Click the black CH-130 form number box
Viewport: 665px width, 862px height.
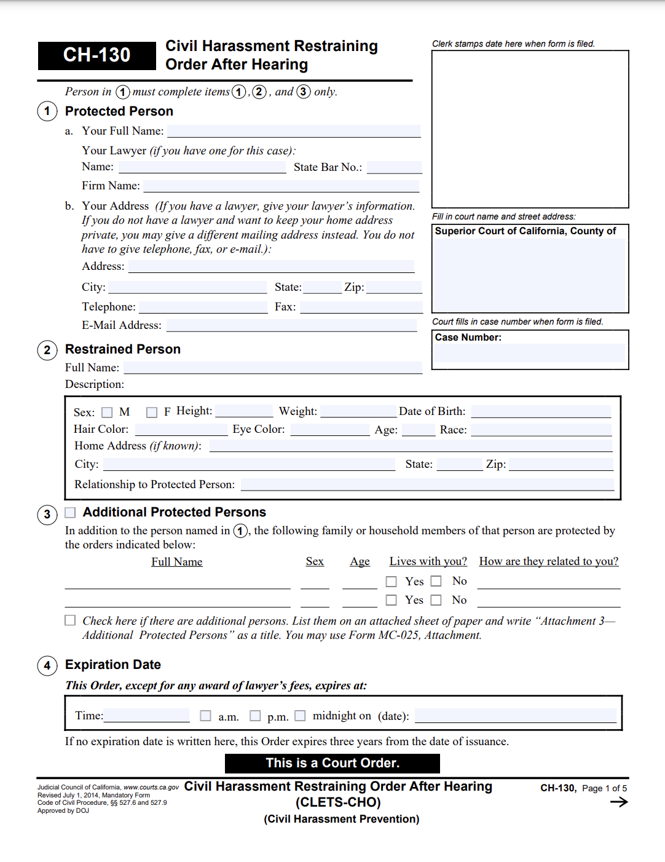[x=96, y=55]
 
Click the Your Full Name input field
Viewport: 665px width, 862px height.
[x=294, y=131]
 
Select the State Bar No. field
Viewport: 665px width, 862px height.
[x=394, y=167]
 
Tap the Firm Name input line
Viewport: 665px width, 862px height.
[x=281, y=186]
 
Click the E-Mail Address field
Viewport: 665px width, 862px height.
[x=291, y=325]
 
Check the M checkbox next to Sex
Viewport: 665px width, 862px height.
[x=107, y=413]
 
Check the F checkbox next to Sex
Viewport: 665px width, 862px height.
[x=152, y=413]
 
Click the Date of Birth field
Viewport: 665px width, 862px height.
[x=541, y=412]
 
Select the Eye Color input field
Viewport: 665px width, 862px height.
[x=329, y=430]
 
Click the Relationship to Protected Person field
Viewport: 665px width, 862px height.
[x=427, y=484]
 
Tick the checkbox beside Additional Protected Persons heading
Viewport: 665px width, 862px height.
[x=70, y=513]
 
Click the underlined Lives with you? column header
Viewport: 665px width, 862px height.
[x=428, y=561]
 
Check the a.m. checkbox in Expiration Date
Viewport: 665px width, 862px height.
[x=206, y=716]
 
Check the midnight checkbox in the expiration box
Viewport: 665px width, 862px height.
[x=300, y=716]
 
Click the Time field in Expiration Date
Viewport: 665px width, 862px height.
[x=147, y=716]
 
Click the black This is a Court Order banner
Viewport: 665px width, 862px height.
[x=332, y=763]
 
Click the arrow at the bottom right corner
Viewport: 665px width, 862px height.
[x=619, y=802]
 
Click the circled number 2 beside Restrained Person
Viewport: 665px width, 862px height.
[x=47, y=350]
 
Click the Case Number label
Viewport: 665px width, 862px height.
[x=468, y=338]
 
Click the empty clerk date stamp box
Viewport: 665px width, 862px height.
[x=530, y=129]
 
